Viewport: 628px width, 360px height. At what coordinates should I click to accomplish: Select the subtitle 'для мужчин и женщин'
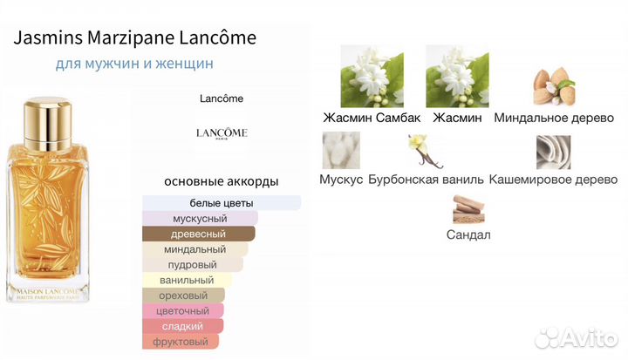pyautogui.click(x=134, y=64)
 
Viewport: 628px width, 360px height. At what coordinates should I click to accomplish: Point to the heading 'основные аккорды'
pyautogui.click(x=222, y=181)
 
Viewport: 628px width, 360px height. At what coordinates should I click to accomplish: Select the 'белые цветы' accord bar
pyautogui.click(x=222, y=202)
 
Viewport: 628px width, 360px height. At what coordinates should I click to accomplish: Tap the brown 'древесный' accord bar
pyautogui.click(x=199, y=234)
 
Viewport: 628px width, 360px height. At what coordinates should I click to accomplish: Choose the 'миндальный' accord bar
pyautogui.click(x=195, y=249)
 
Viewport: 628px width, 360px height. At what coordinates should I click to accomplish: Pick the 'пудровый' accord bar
pyautogui.click(x=193, y=265)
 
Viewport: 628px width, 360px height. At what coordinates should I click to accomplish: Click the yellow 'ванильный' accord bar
pyautogui.click(x=187, y=281)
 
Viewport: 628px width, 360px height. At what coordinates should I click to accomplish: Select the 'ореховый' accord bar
pyautogui.click(x=183, y=295)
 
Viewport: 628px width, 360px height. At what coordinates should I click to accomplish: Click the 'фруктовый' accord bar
pyautogui.click(x=182, y=343)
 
